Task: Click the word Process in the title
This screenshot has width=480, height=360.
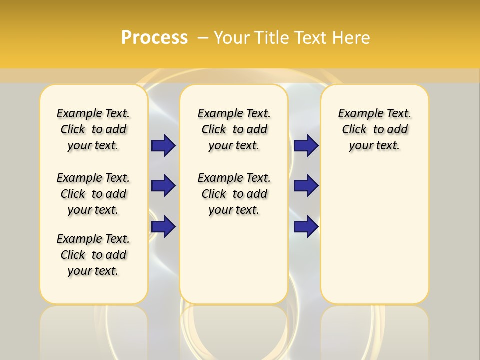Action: (x=154, y=38)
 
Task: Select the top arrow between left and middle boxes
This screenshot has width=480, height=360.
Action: (x=163, y=146)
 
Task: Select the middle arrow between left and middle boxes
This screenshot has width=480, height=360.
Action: (x=163, y=186)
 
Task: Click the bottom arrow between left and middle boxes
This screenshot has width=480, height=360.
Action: (x=163, y=227)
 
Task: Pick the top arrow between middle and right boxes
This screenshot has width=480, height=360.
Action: (x=306, y=146)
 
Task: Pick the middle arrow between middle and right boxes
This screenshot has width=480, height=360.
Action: (x=306, y=186)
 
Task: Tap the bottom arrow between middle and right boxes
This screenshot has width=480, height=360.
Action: (x=306, y=227)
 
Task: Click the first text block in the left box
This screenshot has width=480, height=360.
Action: (x=93, y=129)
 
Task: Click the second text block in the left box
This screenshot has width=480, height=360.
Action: (x=93, y=194)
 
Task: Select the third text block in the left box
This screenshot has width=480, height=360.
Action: (x=93, y=255)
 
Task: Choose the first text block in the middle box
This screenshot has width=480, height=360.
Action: (x=234, y=129)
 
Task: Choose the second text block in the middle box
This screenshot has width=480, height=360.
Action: (x=234, y=194)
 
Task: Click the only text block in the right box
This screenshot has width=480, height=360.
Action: (x=374, y=129)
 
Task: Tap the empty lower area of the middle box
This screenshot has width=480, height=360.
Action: (x=234, y=260)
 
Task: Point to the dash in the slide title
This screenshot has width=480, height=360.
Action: (x=203, y=38)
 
